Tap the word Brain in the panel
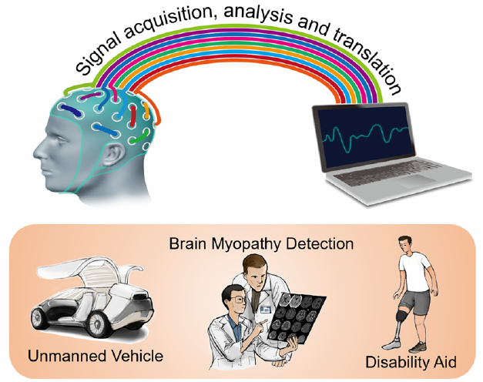point(187,244)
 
